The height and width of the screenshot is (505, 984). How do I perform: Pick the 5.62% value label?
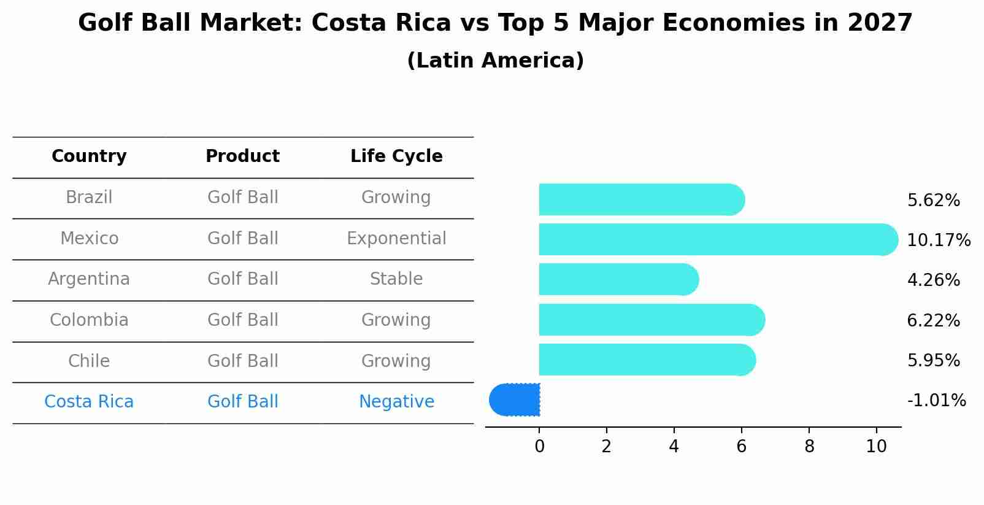tap(933, 201)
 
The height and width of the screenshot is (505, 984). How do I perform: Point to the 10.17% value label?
tap(938, 241)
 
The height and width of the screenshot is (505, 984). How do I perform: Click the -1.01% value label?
tap(936, 401)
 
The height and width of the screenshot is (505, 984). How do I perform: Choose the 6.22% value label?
tap(933, 320)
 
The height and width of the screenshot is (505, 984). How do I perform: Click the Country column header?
tap(89, 156)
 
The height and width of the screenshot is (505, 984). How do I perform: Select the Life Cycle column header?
tap(396, 156)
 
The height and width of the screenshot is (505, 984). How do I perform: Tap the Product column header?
tap(242, 156)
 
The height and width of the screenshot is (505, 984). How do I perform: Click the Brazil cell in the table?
tap(89, 198)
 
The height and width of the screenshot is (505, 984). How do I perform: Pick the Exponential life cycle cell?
tap(396, 238)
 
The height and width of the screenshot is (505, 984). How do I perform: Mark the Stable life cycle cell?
tap(396, 279)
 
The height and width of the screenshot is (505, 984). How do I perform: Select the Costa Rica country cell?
tap(89, 402)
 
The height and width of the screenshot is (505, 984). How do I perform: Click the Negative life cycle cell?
tap(396, 402)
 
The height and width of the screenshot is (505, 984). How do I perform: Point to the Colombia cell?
tap(89, 320)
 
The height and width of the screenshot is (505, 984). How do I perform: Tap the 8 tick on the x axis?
tap(809, 447)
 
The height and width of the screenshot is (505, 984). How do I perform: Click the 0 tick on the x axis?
tap(539, 447)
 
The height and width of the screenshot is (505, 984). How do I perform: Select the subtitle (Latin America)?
tap(495, 61)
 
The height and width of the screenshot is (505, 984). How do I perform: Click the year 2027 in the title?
tap(880, 23)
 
